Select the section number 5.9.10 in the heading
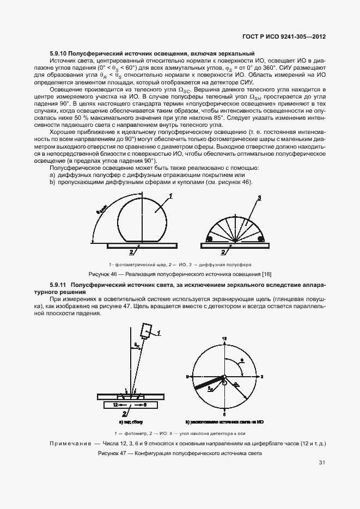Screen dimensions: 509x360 pyautogui.click(x=59, y=53)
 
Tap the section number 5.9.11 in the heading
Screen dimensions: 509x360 pyautogui.click(x=59, y=285)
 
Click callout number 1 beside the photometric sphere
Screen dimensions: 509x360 pyautogui.click(x=170, y=195)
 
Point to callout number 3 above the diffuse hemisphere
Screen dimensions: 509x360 pyautogui.click(x=259, y=197)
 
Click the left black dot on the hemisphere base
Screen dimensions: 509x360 pyautogui.click(x=209, y=239)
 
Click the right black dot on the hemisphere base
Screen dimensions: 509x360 pyautogui.click(x=261, y=239)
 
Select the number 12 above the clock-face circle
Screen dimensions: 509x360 pyautogui.click(x=224, y=339)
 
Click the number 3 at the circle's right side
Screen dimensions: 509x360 pyautogui.click(x=262, y=376)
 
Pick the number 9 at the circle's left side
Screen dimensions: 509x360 pyautogui.click(x=187, y=376)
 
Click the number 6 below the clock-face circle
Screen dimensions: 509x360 pyautogui.click(x=224, y=414)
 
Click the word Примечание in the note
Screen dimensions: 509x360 pyautogui.click(x=70, y=444)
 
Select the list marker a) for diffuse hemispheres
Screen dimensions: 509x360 pyautogui.click(x=52, y=175)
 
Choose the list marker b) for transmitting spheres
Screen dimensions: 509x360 pyautogui.click(x=52, y=182)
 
